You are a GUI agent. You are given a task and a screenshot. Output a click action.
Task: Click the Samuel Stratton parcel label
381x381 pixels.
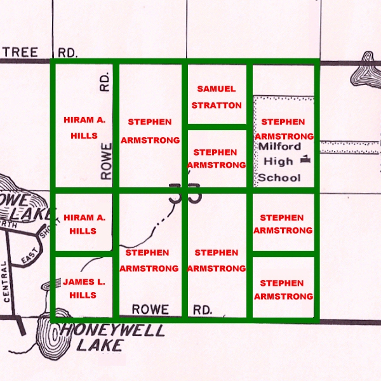coord(216,97)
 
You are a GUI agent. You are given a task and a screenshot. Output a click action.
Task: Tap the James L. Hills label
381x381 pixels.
coord(80,288)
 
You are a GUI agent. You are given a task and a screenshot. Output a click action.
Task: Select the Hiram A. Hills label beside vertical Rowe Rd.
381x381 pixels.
coord(80,128)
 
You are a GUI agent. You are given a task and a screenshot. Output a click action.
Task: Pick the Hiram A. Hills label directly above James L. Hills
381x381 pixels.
coord(80,224)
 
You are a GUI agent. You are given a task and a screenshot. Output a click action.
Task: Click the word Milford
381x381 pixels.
coord(279,147)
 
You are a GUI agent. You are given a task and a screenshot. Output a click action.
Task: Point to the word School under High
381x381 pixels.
coord(279,177)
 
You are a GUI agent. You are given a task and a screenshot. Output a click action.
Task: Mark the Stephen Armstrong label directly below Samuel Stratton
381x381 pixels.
coord(216,159)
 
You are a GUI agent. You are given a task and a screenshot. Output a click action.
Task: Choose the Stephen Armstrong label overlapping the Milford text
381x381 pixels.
coord(283,129)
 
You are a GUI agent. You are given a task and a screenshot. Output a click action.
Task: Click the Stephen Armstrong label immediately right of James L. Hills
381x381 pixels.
coord(147,259)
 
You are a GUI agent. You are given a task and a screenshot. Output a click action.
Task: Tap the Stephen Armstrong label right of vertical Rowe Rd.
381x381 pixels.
coord(150,131)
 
